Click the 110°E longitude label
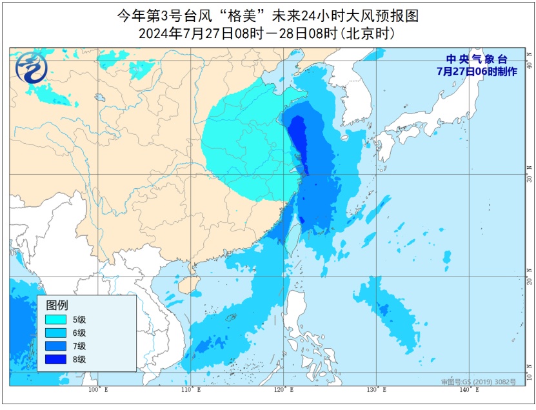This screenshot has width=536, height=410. pos(190,390)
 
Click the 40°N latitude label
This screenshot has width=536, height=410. pos(528,65)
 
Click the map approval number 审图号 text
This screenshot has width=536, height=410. pos(478,382)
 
